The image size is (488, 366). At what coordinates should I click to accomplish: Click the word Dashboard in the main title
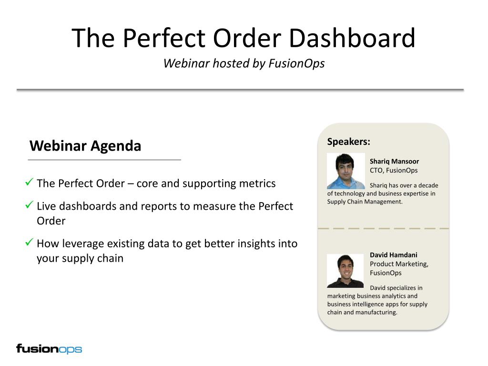[x=352, y=38]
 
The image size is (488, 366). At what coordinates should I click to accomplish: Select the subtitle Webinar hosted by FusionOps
[x=244, y=63]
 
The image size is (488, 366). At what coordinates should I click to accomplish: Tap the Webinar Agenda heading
[x=85, y=146]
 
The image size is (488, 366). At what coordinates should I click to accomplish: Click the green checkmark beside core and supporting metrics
[x=29, y=182]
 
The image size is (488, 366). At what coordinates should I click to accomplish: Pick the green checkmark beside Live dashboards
[x=29, y=204]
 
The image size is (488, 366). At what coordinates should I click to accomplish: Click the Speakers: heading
[x=348, y=142]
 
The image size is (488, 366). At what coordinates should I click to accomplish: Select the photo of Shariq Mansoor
[x=346, y=171]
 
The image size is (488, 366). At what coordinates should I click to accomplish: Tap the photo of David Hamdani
[x=345, y=271]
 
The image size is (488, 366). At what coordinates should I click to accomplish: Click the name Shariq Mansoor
[x=394, y=161]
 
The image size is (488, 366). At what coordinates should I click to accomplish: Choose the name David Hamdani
[x=393, y=255]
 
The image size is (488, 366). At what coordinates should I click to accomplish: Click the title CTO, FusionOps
[x=394, y=171]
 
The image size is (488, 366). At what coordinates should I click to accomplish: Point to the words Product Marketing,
[x=399, y=264]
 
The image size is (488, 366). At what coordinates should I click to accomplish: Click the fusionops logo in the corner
[x=49, y=349]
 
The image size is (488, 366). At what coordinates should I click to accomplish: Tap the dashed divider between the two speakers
[x=383, y=228]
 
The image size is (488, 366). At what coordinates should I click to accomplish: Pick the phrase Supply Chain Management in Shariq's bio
[x=364, y=202]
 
